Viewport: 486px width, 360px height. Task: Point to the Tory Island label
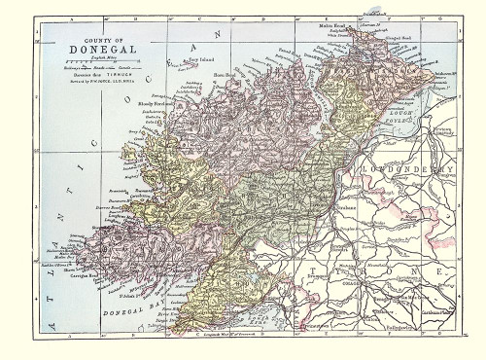click(x=199, y=63)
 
